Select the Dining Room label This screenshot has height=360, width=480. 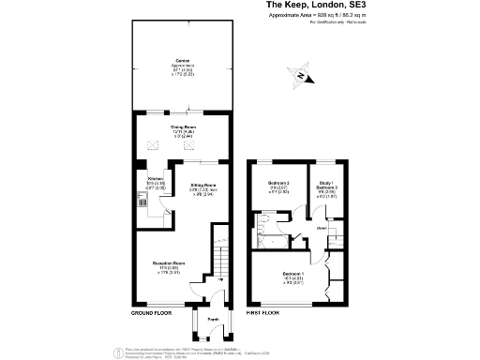(x=184, y=130)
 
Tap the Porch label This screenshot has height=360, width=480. (x=201, y=320)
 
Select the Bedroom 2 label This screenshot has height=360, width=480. (x=279, y=185)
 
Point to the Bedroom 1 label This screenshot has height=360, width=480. (x=294, y=276)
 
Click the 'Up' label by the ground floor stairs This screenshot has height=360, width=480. (x=221, y=278)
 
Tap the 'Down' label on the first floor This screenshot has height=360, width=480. (x=322, y=227)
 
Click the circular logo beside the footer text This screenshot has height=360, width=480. (x=117, y=351)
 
